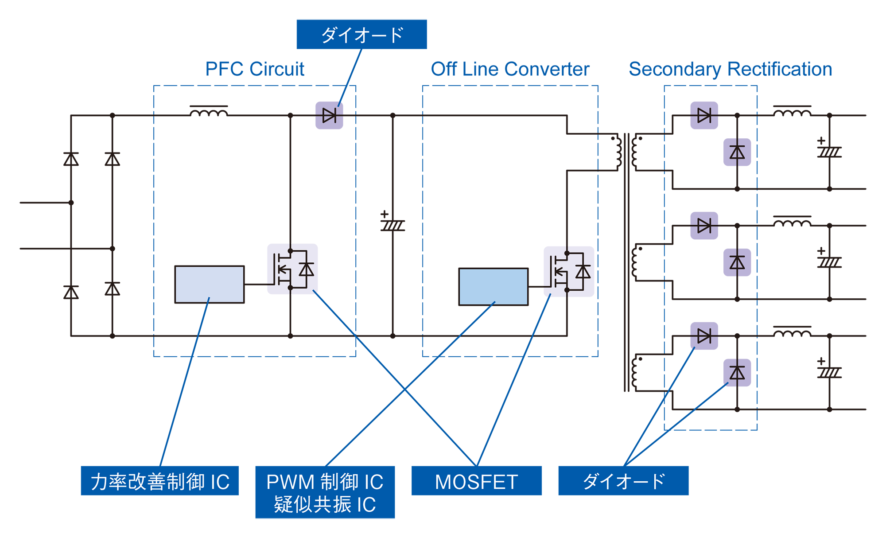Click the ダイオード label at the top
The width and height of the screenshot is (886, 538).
coord(362,35)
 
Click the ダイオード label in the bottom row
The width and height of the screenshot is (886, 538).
coord(624,481)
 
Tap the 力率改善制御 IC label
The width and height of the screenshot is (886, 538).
coord(160,482)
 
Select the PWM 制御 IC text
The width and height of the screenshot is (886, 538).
coord(325,482)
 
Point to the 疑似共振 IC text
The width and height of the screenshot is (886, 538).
coord(325,505)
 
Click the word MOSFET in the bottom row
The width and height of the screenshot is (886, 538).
coord(476,482)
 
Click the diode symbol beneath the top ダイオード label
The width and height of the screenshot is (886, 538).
coord(330,116)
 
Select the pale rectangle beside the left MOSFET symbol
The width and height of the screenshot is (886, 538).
coord(210,285)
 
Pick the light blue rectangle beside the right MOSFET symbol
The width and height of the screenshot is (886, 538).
coord(493,287)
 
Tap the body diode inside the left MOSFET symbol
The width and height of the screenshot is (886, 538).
coord(307,269)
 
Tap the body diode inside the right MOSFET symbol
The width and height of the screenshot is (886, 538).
coord(583,271)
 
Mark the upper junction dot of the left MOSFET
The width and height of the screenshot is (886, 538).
coord(291,251)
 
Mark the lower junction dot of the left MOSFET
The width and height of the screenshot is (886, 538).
coord(291,288)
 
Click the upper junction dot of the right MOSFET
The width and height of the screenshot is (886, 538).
coord(567,253)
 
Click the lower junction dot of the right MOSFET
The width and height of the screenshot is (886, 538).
coord(567,290)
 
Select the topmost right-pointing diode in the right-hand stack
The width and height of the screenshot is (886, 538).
coord(704,116)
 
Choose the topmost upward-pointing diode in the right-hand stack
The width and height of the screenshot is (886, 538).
coord(737,152)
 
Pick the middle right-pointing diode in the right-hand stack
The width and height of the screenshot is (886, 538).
coord(704,226)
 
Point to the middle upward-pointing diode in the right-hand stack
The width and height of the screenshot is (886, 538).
coord(737,262)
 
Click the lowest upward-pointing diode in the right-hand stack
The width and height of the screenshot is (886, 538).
coord(737,373)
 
